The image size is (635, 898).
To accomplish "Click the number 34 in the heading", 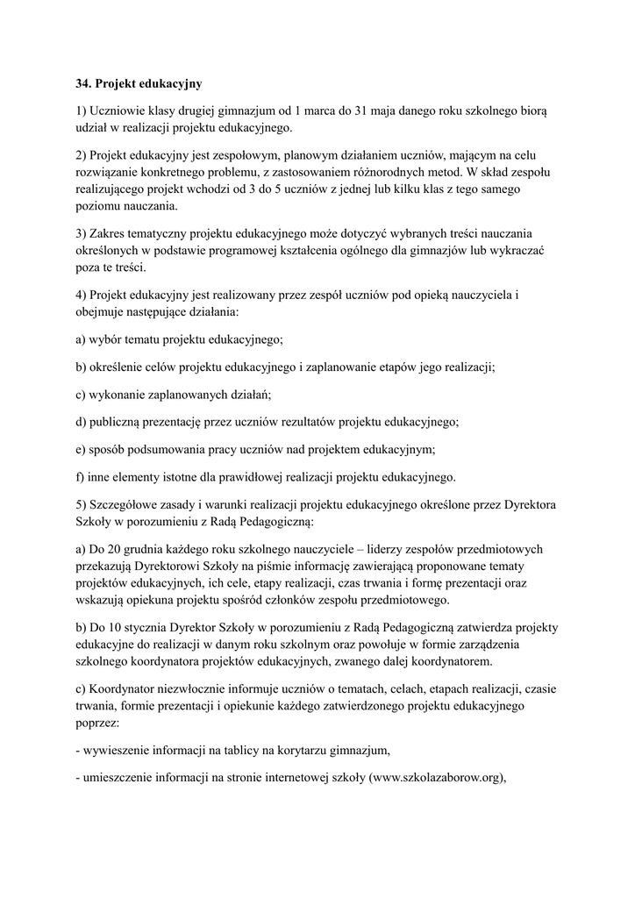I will (x=83, y=84).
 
